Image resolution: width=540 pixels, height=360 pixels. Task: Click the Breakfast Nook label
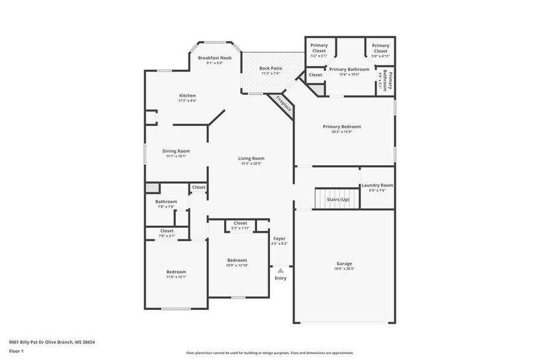(x=214, y=57)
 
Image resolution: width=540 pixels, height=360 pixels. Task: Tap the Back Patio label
(x=270, y=69)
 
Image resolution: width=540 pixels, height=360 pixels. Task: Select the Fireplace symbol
(x=283, y=104)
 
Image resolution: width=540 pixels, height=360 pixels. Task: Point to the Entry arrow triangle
(x=280, y=269)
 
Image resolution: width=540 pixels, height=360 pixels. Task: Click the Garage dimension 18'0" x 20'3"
(x=343, y=268)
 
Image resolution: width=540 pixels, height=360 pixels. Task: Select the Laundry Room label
(x=377, y=185)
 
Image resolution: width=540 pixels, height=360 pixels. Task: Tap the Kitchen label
(x=187, y=96)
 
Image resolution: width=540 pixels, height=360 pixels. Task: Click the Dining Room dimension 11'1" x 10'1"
(x=176, y=156)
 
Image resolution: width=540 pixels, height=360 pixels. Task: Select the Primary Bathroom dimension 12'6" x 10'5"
(x=349, y=75)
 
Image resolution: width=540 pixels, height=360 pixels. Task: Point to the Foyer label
(x=279, y=238)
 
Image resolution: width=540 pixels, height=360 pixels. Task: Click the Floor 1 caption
(x=16, y=351)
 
